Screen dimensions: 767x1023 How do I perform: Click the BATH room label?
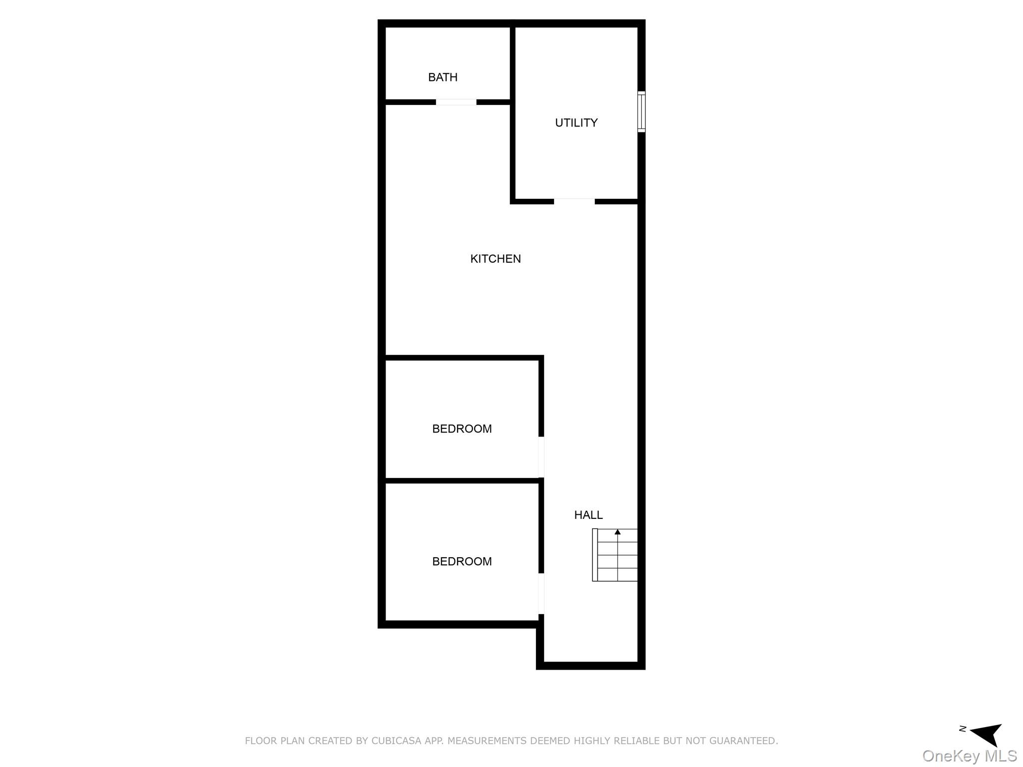[x=443, y=77]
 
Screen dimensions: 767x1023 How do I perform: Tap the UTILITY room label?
[x=576, y=123]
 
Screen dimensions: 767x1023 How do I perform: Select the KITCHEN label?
[x=495, y=259]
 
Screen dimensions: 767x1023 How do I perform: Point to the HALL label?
[x=588, y=515]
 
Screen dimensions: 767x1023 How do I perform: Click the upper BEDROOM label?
[x=462, y=429]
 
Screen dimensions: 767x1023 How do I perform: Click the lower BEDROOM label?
[x=462, y=562]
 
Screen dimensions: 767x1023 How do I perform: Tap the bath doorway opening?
[x=456, y=102]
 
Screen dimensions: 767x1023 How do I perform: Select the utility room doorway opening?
[x=574, y=201]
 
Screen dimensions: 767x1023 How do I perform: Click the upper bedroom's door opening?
[x=541, y=457]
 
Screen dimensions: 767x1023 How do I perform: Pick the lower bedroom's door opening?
[x=541, y=594]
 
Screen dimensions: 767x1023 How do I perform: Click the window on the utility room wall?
[x=641, y=112]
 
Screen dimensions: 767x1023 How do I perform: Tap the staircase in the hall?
[x=615, y=555]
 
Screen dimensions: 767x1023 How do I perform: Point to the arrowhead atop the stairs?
[x=617, y=532]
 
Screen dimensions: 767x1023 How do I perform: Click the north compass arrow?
[x=987, y=734]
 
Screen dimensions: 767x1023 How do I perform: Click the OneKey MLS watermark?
[x=969, y=756]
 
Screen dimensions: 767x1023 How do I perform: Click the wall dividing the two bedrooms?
[x=462, y=481]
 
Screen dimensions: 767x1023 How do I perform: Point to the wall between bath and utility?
[x=512, y=62]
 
